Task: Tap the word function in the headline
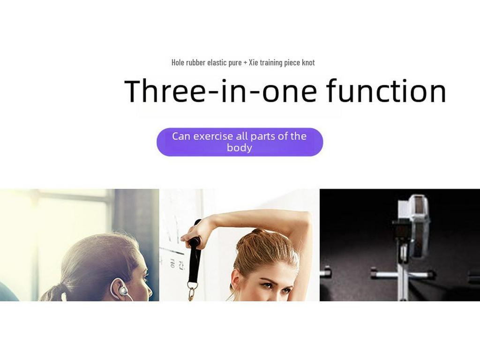click(386, 90)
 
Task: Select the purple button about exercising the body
click(240, 142)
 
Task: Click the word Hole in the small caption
click(178, 62)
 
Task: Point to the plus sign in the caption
click(245, 63)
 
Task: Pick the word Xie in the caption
click(253, 62)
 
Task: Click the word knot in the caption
click(308, 62)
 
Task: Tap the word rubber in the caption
click(195, 62)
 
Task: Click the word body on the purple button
click(240, 148)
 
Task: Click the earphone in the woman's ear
click(121, 288)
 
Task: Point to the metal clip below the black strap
click(192, 292)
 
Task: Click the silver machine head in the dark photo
click(413, 226)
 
